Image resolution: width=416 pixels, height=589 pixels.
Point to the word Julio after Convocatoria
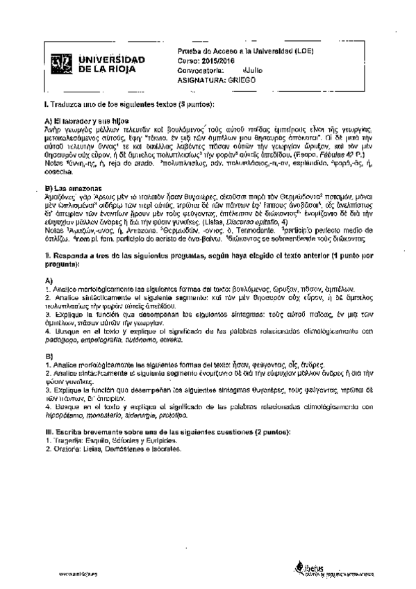[252, 70]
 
